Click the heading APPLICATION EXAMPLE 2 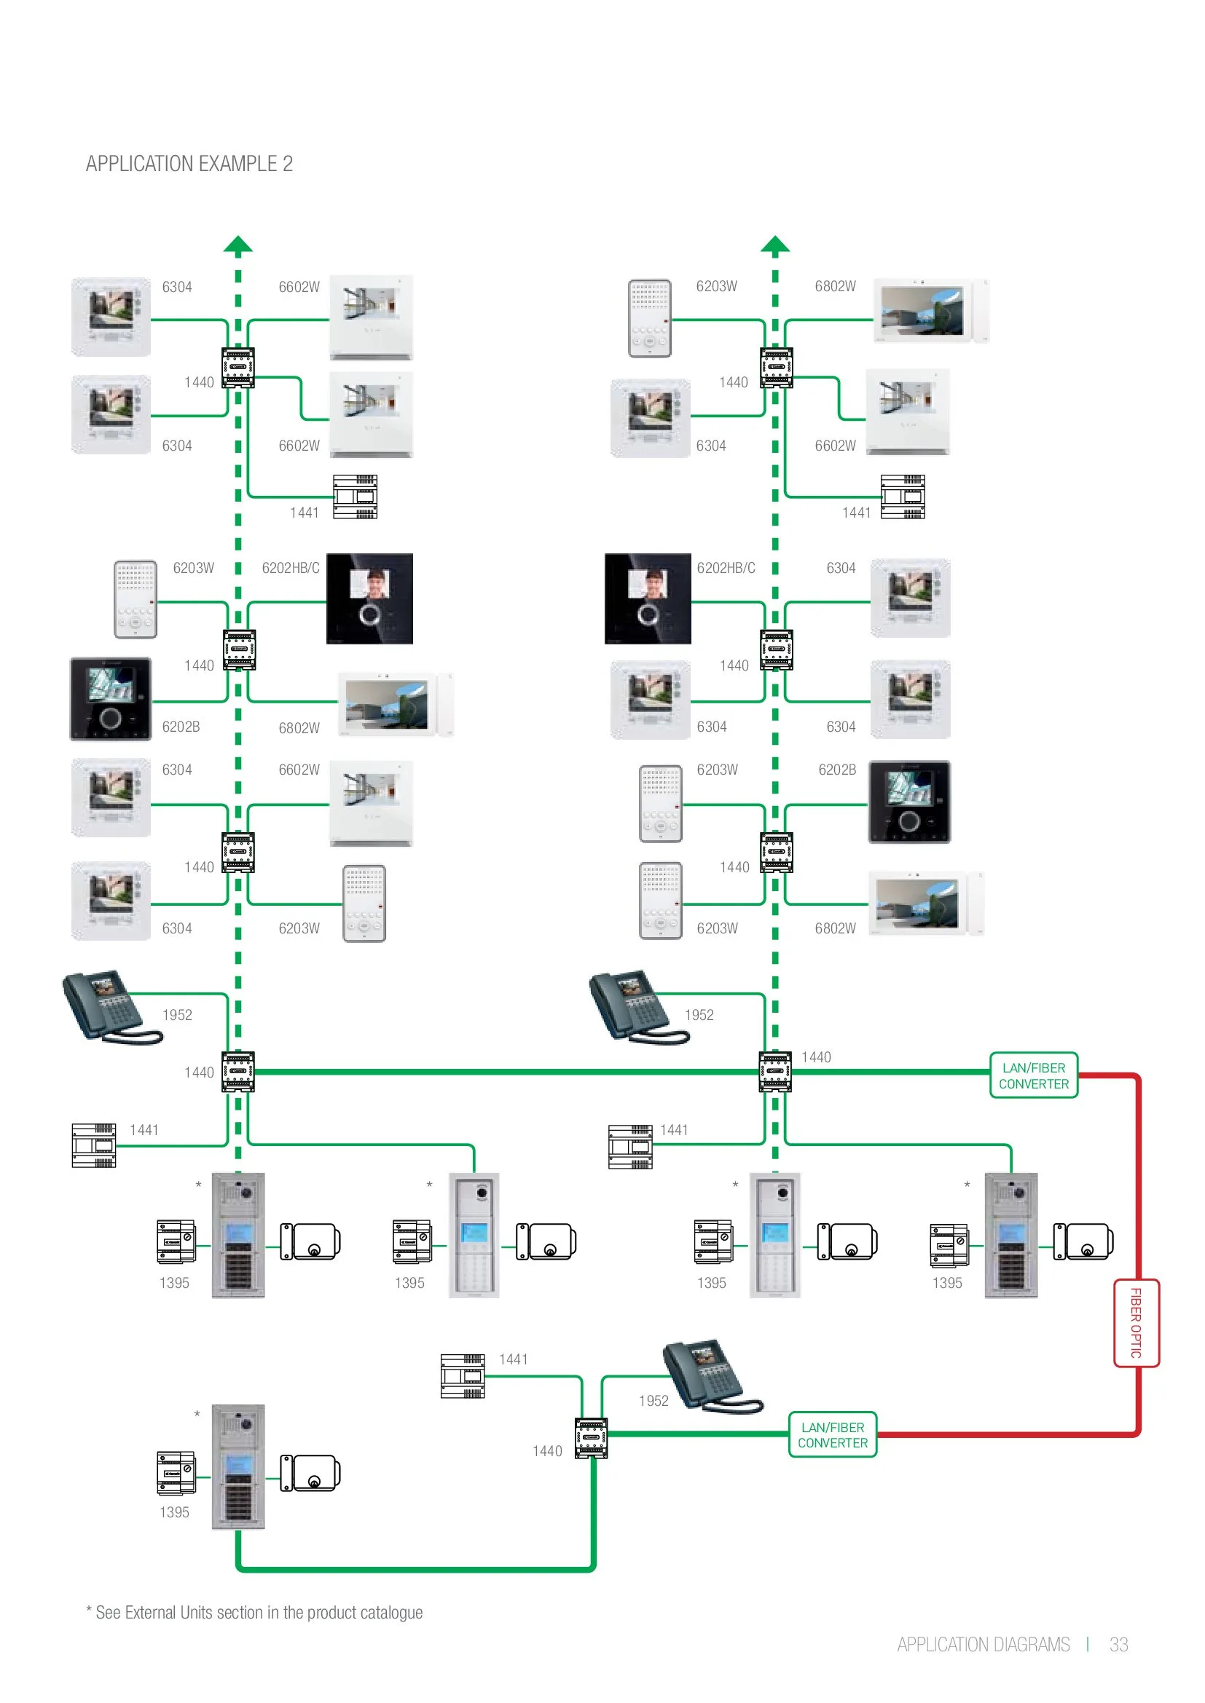189,164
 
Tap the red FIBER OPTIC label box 1135,1322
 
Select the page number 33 1118,1645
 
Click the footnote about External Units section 254,1612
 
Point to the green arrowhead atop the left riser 238,244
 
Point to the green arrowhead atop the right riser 774,244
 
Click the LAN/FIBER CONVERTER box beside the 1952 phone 833,1434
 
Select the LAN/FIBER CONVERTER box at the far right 1034,1075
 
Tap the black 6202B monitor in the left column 111,699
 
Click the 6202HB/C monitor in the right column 648,598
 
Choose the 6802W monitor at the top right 930,310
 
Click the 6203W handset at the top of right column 650,318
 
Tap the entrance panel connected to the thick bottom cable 238,1466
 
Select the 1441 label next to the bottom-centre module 514,1359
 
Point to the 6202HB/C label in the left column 291,568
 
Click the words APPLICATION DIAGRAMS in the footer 983,1645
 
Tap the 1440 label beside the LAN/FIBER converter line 816,1057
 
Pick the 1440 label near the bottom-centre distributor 548,1451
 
